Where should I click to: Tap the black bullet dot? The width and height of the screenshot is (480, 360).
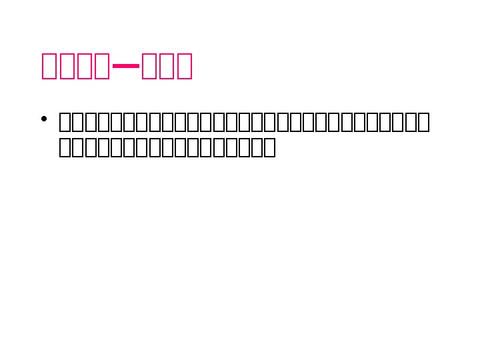(x=43, y=120)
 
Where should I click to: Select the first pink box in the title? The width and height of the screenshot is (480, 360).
(x=50, y=66)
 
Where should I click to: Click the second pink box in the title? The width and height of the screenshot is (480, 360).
(x=67, y=66)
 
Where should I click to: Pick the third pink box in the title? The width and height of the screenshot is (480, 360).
(x=85, y=66)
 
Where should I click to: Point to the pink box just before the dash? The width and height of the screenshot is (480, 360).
(x=102, y=66)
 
